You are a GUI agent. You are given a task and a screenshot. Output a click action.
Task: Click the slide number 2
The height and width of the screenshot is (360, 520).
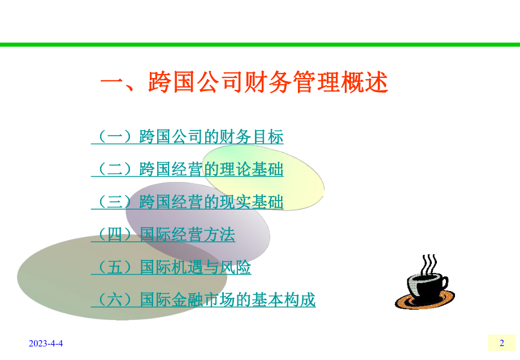(x=501, y=343)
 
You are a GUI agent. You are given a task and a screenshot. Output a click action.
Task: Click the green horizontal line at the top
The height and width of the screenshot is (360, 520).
(x=260, y=45)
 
